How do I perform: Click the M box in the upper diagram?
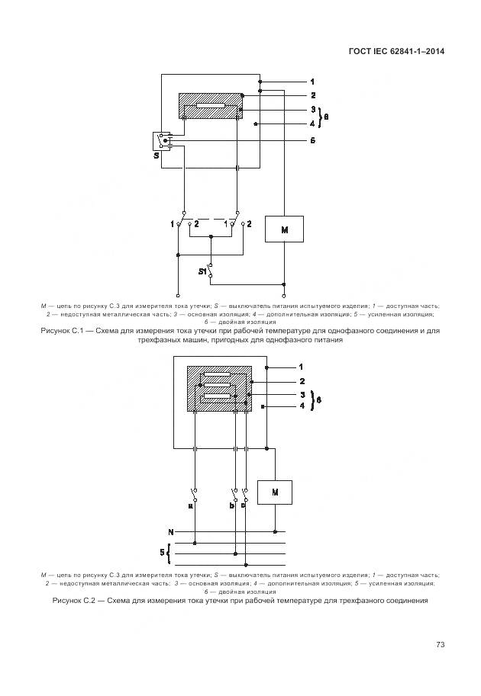click(284, 229)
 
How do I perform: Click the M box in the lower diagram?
click(276, 494)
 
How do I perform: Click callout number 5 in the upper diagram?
click(312, 141)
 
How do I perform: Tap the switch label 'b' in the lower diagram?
click(231, 505)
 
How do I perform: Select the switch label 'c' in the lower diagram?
click(242, 505)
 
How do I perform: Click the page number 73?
click(441, 645)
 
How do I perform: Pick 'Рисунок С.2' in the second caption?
click(77, 601)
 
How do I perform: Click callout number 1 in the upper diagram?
click(312, 81)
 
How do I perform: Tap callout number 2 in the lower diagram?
click(302, 380)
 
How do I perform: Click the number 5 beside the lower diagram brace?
click(162, 550)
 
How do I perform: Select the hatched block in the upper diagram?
click(210, 106)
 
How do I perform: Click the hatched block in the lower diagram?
click(219, 388)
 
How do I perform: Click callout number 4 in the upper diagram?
click(312, 123)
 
